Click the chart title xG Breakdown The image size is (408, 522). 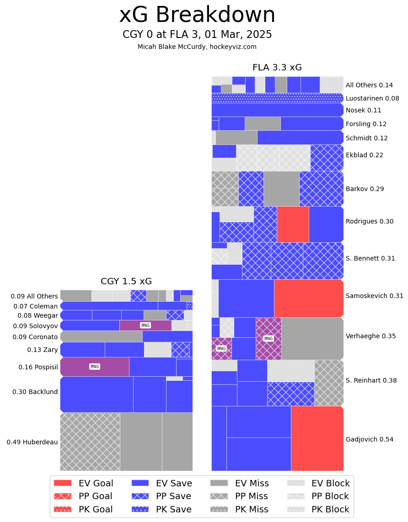(197, 15)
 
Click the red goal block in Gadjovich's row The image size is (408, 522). (317, 438)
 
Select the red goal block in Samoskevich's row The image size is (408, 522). (309, 298)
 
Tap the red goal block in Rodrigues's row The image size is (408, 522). (293, 224)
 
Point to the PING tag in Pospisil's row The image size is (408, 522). (95, 367)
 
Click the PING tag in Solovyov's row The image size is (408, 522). (145, 325)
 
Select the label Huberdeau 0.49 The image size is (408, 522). (32, 442)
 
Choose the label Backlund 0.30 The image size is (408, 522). (35, 392)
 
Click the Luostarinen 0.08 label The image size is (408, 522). (372, 98)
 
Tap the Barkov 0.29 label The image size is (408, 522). (365, 189)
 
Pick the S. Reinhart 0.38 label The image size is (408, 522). (371, 380)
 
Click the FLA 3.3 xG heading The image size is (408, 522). (277, 68)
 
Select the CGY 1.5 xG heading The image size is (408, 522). (126, 282)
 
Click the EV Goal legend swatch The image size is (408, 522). (63, 483)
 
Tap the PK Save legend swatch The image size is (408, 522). (140, 509)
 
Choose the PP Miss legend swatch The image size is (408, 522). (219, 496)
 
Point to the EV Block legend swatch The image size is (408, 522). (295, 483)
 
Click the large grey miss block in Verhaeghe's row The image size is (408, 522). (312, 338)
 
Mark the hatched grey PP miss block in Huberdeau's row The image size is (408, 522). (90, 442)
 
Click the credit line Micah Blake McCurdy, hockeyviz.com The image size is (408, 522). (197, 47)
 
